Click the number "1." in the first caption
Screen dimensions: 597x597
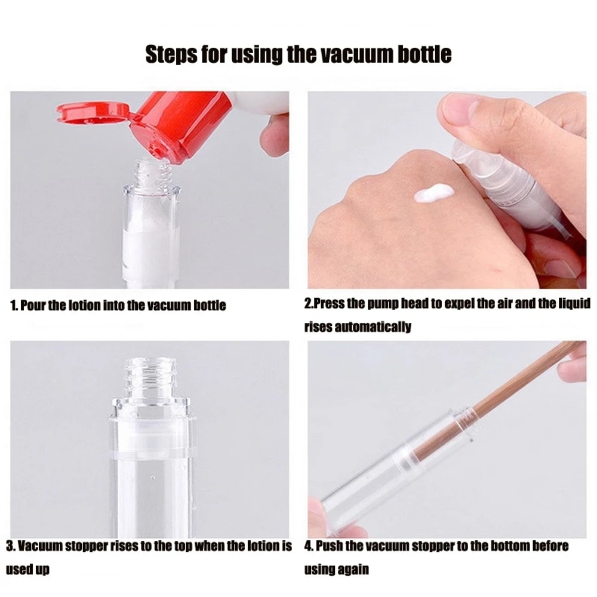(14, 306)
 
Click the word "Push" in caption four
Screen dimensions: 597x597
(329, 546)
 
